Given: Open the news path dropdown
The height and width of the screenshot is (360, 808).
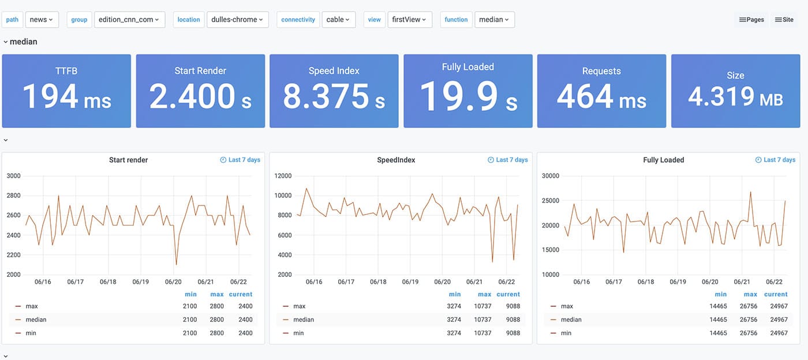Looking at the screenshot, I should point(42,20).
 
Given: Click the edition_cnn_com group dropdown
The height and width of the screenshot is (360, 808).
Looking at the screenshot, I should point(129,20).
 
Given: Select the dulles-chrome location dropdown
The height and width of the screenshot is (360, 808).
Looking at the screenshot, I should point(237,20).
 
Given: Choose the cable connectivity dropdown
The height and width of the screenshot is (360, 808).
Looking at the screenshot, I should point(338,20).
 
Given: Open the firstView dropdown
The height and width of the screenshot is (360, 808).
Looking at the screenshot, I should point(410,20).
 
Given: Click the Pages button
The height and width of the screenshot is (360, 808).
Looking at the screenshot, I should point(751,20).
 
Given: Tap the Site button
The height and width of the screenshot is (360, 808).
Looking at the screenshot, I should point(784,20).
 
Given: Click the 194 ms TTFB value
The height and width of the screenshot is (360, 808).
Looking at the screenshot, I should point(66,96).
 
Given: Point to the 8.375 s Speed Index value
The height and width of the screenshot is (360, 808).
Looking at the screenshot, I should point(334,96).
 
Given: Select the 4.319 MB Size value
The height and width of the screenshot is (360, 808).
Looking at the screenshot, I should point(735,97).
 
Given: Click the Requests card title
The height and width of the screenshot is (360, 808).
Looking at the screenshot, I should point(601,71).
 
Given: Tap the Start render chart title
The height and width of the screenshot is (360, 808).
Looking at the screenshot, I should point(128,160).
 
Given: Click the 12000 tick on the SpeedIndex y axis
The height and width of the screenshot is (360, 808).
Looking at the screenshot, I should point(283,176).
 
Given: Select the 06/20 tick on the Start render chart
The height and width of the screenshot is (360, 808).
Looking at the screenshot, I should point(173,282).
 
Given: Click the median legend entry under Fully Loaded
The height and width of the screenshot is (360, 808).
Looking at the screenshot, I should point(571,320).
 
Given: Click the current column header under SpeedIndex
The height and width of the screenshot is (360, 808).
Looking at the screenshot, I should point(508,294).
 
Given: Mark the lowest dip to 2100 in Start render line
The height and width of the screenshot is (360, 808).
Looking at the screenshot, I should point(176,264).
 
